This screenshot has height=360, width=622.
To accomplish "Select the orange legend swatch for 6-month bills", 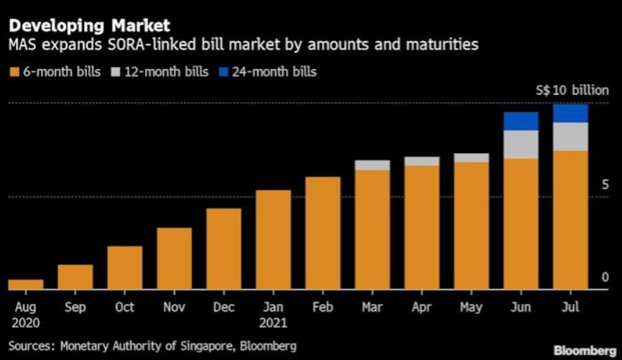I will pos(14,72).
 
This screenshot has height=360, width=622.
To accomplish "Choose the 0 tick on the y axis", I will pos(604,277).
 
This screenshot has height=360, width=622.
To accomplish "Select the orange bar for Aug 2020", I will pos(25,285).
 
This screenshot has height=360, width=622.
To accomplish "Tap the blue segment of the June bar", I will pos(521,121).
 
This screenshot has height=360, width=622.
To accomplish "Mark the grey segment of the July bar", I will pos(571,137).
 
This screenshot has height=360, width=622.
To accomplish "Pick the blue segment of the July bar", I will pos(571,113).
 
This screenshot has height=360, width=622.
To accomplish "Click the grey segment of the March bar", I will pos(372,165).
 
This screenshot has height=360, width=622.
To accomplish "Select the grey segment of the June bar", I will pos(521,144).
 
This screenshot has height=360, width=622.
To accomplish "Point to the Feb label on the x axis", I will pos(322,308).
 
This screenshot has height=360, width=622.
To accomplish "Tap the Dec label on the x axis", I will pos(223,308).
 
